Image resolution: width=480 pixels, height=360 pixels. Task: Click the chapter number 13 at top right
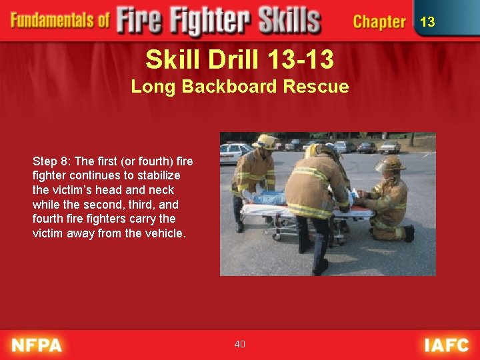pyautogui.click(x=427, y=22)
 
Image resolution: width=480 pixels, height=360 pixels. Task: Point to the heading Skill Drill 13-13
pyautogui.click(x=240, y=60)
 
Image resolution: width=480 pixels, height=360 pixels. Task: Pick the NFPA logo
pyautogui.click(x=37, y=345)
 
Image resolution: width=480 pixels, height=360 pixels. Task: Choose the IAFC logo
pyautogui.click(x=446, y=345)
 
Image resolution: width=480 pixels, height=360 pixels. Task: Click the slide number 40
pyautogui.click(x=240, y=344)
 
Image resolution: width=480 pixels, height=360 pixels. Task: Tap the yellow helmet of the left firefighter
pyautogui.click(x=265, y=141)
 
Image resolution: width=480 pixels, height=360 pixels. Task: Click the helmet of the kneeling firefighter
pyautogui.click(x=389, y=163)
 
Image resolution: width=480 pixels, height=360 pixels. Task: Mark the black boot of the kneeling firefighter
pyautogui.click(x=409, y=233)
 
